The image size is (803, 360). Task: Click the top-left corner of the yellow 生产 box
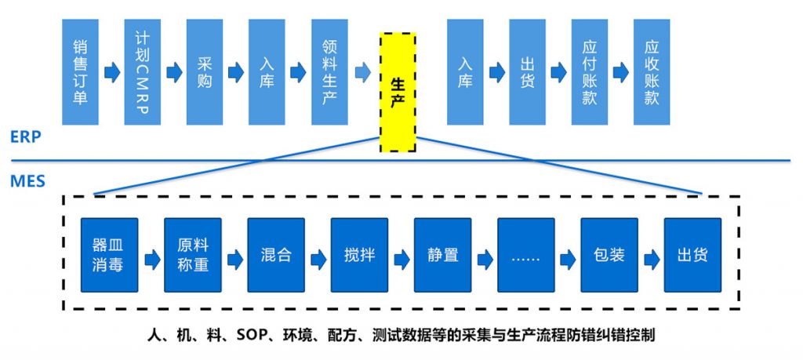pos(380,34)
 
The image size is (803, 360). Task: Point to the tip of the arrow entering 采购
pos(183,72)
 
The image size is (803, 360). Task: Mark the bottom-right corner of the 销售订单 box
pos(98,125)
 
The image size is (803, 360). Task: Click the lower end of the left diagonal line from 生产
pos(95,195)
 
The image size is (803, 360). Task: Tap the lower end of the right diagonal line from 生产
pos(702,194)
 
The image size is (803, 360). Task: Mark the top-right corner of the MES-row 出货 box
pos(721,219)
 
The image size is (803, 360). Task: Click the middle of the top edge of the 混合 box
pos(276,219)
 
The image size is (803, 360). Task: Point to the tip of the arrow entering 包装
pos(576,260)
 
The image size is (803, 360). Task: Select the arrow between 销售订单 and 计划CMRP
pos(112,72)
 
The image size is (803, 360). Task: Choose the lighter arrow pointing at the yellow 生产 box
pos(362,72)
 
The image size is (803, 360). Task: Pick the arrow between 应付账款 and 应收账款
pos(621,72)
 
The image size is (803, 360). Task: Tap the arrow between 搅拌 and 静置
pos(402,260)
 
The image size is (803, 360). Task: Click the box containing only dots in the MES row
pos(526,255)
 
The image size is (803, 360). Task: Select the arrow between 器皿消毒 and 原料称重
pos(153,260)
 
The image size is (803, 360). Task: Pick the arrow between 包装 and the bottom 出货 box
pos(652,260)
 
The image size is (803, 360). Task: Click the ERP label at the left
pos(25,137)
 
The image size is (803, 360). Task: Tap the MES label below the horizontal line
pos(27,180)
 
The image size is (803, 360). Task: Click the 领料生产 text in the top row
pos(329,72)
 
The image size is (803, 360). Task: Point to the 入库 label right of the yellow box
pos(465,72)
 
